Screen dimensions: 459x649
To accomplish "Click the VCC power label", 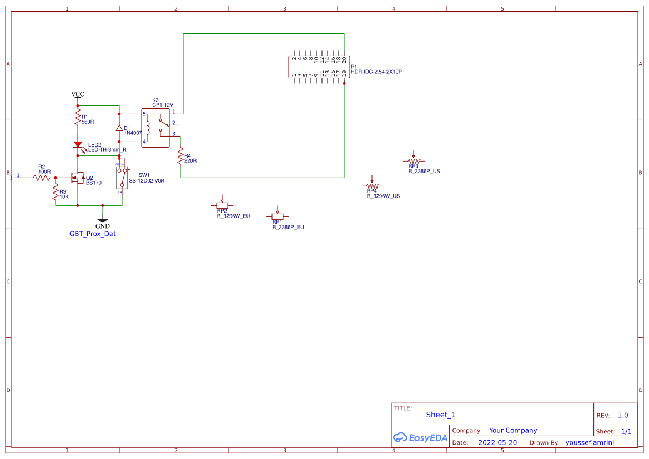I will tap(78, 94).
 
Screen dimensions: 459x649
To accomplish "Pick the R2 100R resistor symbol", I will tap(42, 178).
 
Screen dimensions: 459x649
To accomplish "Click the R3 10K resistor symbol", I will tap(56, 193).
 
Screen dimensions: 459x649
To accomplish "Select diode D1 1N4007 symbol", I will tap(119, 128).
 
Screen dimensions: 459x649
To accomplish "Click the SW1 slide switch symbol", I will tap(122, 178).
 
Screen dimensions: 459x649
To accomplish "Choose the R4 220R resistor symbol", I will tap(180, 156).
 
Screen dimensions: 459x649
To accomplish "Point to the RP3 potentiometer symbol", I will tap(413, 160).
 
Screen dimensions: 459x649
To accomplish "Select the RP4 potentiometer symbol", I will tap(372, 185).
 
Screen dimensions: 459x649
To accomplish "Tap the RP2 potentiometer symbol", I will tap(222, 205).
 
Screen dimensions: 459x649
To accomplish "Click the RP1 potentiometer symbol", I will tap(277, 216).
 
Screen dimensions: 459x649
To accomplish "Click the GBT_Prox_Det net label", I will tap(93, 234).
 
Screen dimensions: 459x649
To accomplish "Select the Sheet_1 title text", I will tap(441, 415).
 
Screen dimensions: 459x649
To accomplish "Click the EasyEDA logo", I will tap(420, 437).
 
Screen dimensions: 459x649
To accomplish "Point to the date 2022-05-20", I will tap(497, 443).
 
